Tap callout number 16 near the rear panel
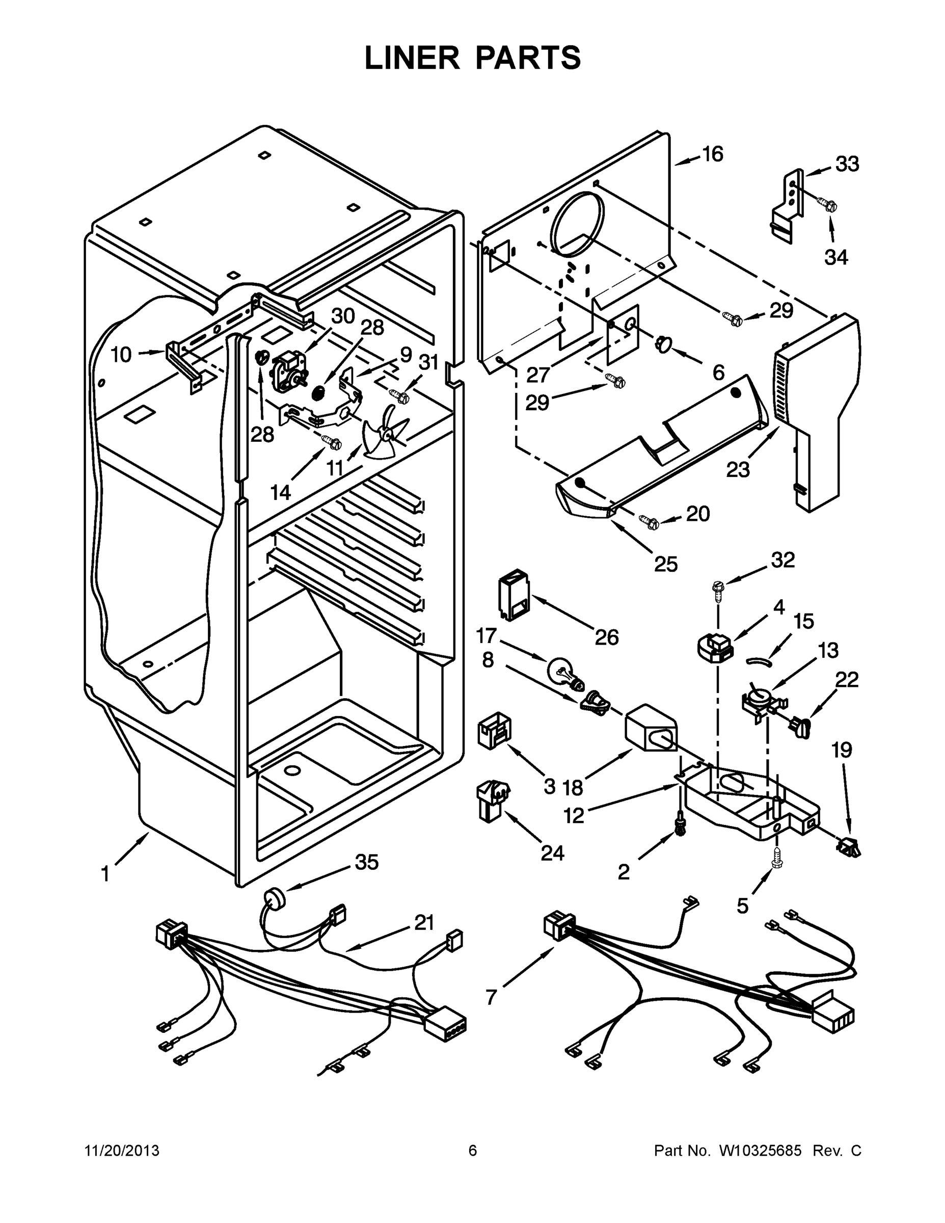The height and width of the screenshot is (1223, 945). click(x=712, y=153)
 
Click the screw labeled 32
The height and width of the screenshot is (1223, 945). click(x=717, y=588)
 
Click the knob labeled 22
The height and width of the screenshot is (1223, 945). click(x=797, y=726)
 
